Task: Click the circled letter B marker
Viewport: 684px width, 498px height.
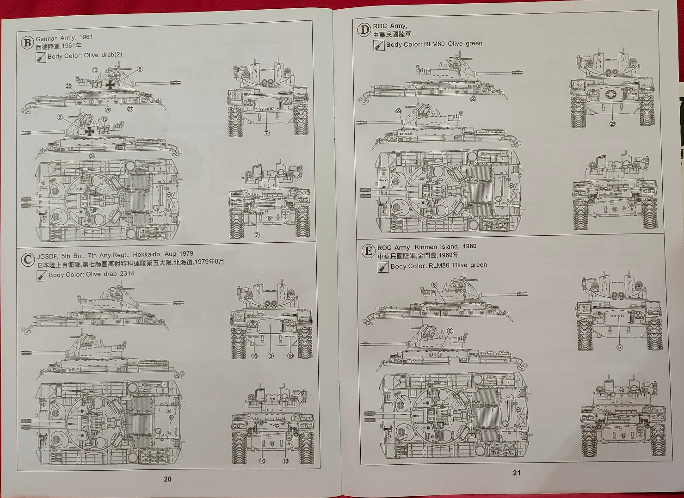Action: (27, 43)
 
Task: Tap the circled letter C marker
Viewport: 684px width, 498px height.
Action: (27, 260)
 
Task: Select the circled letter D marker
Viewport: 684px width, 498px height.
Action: (364, 31)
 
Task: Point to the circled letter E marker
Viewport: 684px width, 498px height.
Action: (368, 251)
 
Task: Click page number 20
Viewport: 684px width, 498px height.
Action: (167, 479)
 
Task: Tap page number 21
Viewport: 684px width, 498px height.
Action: (517, 473)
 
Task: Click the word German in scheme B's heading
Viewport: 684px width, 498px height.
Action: (47, 38)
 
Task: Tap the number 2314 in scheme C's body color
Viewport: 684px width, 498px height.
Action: (127, 274)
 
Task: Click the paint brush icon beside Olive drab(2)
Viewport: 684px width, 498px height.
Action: (41, 58)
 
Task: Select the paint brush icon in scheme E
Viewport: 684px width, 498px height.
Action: (383, 267)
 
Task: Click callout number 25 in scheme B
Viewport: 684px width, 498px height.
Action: (68, 86)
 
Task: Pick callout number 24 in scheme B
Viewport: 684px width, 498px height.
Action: (92, 156)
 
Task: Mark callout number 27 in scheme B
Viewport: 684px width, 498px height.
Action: (130, 109)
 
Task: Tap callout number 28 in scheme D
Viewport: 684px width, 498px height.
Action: (612, 123)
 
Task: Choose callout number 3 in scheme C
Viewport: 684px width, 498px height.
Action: (271, 356)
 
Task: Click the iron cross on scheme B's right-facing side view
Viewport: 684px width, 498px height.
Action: (110, 85)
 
